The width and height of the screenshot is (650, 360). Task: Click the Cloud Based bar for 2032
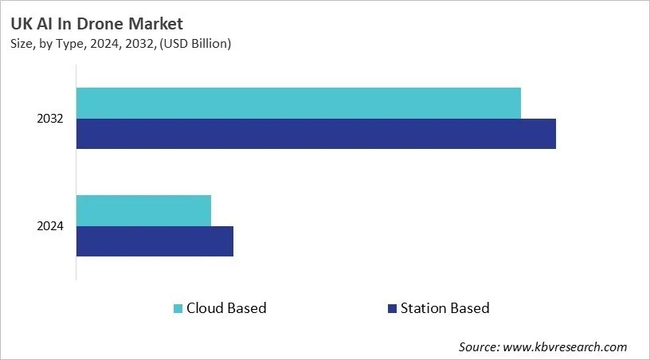tap(299, 104)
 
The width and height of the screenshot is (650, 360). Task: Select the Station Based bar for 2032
tap(316, 134)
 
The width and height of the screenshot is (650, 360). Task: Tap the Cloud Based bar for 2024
tap(144, 210)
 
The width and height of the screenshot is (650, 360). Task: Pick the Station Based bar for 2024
tap(155, 241)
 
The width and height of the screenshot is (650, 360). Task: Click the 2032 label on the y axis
tap(50, 119)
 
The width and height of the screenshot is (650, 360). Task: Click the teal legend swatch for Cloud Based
tap(178, 308)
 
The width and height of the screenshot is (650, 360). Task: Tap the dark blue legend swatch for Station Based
tap(391, 308)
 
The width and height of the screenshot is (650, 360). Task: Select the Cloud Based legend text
tap(226, 308)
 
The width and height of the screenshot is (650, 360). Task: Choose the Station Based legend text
tap(444, 308)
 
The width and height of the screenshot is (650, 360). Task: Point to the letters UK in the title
tap(20, 23)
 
